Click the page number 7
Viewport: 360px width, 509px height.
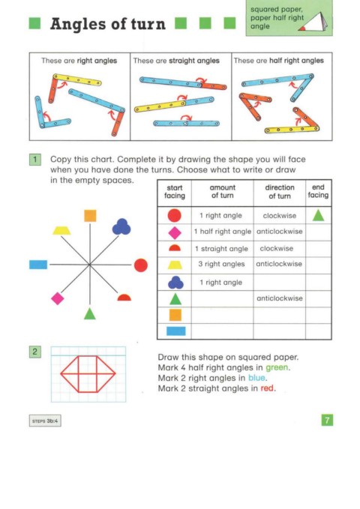click(x=327, y=420)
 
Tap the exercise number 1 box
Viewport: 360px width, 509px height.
click(x=35, y=160)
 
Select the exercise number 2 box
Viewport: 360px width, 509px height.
click(x=35, y=352)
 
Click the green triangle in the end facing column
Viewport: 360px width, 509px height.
click(x=318, y=215)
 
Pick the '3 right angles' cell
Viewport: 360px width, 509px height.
click(x=221, y=264)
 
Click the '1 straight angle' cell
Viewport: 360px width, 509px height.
click(x=221, y=249)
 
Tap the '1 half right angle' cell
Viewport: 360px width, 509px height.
click(x=223, y=232)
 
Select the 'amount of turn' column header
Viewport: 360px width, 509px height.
click(x=223, y=191)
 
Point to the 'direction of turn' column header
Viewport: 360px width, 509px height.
click(x=280, y=191)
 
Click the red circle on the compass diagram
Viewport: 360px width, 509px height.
click(x=141, y=265)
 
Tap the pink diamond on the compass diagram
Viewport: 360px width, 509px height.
click(x=58, y=298)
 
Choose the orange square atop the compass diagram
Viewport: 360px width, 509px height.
click(x=90, y=216)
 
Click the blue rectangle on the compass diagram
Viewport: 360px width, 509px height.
click(x=38, y=265)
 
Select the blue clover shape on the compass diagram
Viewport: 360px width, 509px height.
click(x=121, y=226)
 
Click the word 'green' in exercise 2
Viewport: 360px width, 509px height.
click(x=277, y=367)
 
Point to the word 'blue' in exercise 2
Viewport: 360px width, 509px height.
click(x=256, y=378)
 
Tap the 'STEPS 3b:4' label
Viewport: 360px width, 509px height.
click(x=45, y=421)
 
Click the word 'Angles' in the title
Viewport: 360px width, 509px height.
click(x=79, y=24)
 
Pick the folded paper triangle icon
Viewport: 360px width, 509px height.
click(x=313, y=22)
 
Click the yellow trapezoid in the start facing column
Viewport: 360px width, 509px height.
click(x=175, y=265)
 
